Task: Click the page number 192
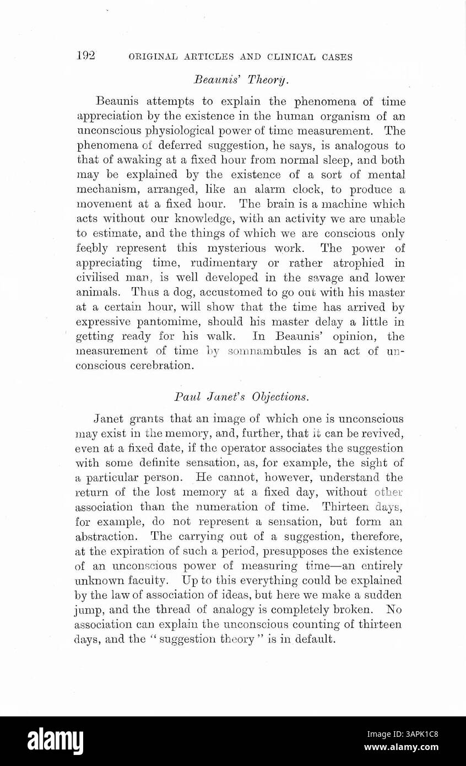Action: [86, 56]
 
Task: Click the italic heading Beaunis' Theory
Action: [241, 80]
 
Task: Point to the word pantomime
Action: [163, 322]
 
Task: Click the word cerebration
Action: [165, 366]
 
